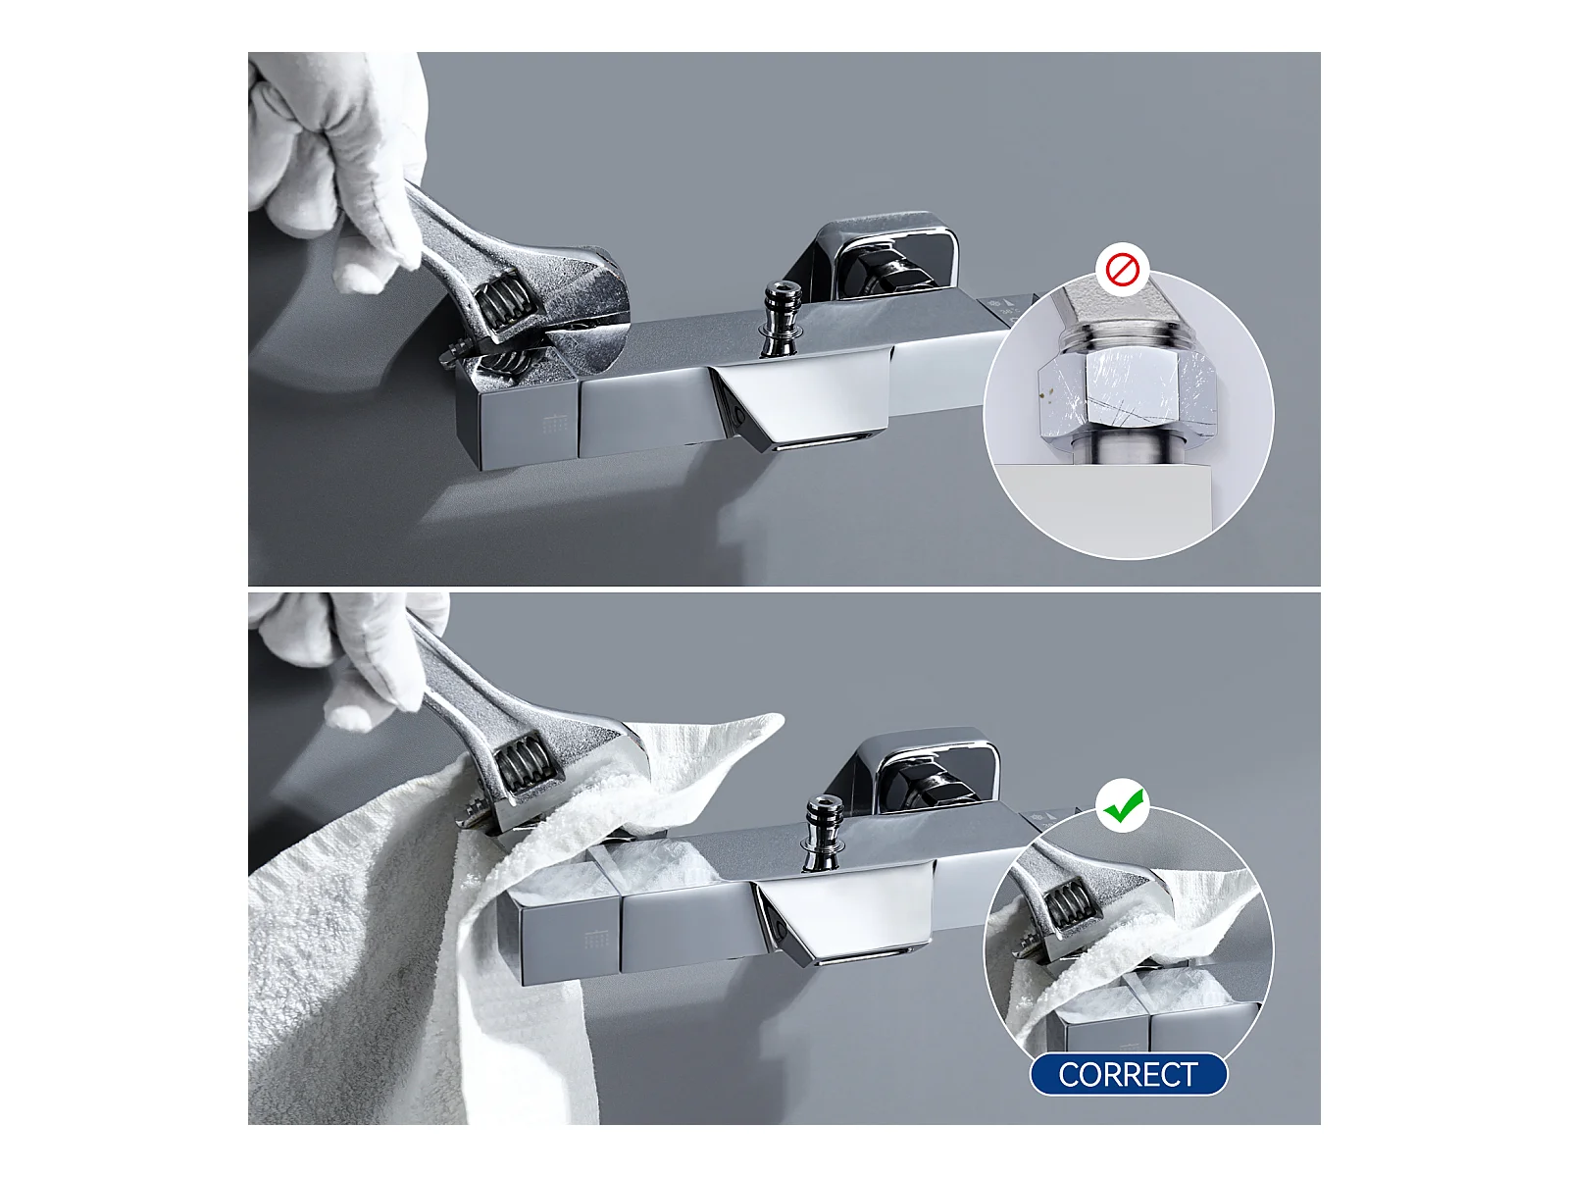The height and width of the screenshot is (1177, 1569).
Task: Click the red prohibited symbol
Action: click(1122, 270)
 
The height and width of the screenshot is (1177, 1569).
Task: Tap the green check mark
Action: click(1123, 806)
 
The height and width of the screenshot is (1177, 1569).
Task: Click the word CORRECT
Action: click(1128, 1074)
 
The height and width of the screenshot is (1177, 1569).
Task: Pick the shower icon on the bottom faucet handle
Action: click(597, 939)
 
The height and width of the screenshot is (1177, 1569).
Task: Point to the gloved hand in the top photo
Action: click(336, 165)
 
